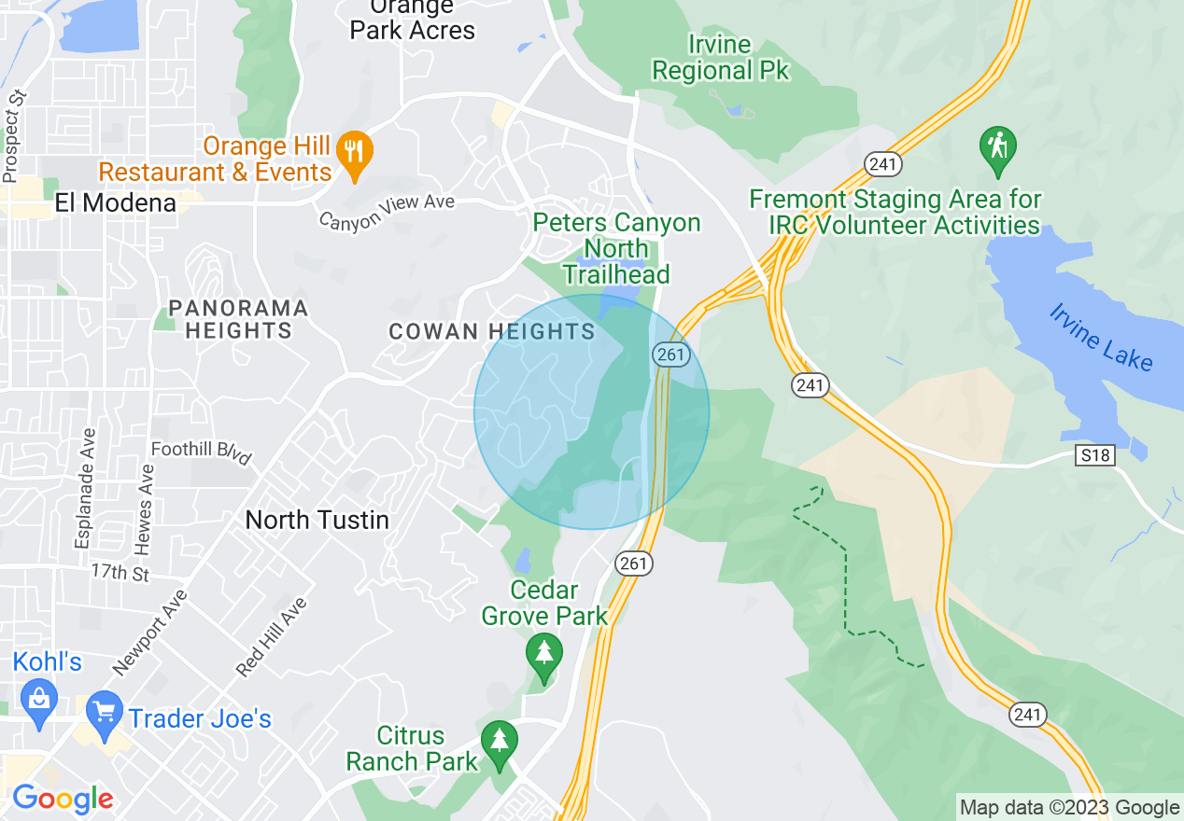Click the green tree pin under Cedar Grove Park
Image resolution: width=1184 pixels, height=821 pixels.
coord(543,654)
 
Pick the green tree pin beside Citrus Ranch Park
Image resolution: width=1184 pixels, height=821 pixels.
coord(500,744)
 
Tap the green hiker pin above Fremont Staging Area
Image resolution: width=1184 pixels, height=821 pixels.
coord(997,149)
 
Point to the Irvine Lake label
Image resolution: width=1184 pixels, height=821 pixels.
coord(1101,338)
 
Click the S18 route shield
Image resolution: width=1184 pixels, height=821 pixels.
coord(1094,454)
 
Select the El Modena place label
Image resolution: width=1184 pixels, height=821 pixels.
coord(116,202)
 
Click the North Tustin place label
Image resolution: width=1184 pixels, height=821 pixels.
coord(317,520)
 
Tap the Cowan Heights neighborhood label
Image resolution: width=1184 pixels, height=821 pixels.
coord(492,331)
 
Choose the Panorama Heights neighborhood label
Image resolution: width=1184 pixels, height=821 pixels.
coord(238,319)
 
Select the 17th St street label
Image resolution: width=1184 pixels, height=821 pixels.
coord(120,571)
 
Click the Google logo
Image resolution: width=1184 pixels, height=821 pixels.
coord(63,799)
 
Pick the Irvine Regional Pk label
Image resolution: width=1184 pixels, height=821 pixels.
coord(720,57)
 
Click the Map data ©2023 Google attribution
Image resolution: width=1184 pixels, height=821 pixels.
coord(1069,808)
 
